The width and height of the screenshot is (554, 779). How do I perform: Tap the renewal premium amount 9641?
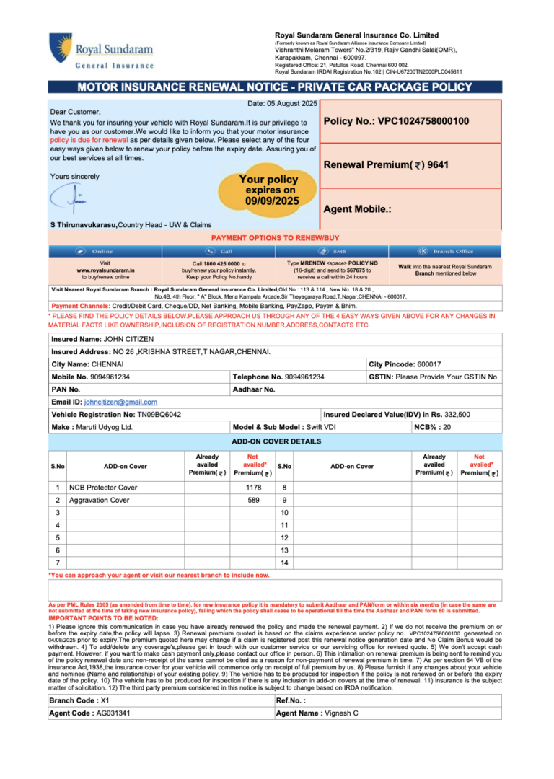coord(438,165)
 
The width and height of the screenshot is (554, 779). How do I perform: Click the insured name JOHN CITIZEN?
coord(128,338)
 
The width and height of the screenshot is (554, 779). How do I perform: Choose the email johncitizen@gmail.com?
coord(120,402)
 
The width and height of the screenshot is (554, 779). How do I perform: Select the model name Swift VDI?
coord(319,427)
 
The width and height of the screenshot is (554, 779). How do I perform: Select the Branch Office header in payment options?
coord(452,251)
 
